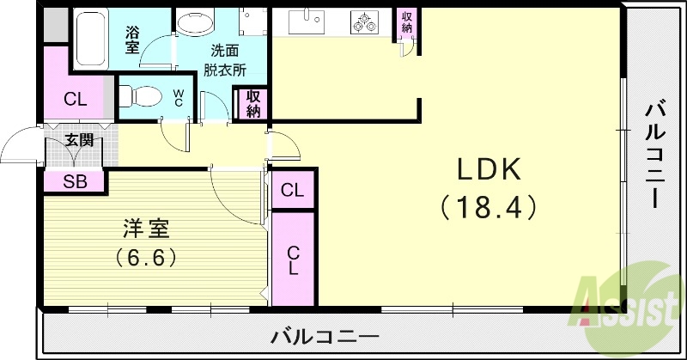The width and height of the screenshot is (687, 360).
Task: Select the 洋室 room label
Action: point(146,229)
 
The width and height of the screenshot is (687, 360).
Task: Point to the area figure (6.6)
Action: point(147,257)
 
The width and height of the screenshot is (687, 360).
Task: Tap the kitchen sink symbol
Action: point(303,20)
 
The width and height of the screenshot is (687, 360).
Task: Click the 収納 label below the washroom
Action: point(253,103)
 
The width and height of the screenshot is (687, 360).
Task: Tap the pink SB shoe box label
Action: point(74,181)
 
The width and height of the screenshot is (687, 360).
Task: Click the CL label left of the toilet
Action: point(76,99)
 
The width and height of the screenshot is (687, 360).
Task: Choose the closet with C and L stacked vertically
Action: point(294,259)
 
